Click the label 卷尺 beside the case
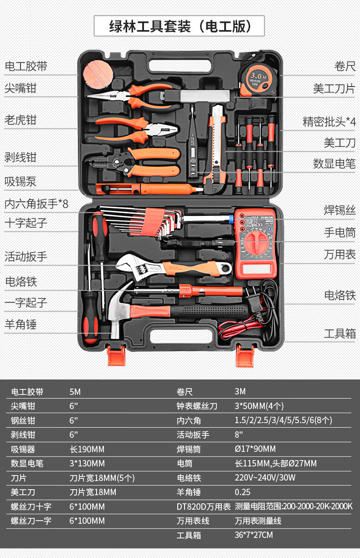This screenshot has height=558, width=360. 345,67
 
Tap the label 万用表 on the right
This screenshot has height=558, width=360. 339,254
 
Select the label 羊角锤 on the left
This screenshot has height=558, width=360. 20,324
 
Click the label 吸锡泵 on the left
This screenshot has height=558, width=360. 20,182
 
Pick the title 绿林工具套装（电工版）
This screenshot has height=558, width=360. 180,26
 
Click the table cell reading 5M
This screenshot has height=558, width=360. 75,392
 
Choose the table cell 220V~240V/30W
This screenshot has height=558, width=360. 265,478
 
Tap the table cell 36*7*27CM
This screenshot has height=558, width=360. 253,535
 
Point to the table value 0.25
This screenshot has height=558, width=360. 242,492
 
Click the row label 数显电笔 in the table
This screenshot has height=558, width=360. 27,464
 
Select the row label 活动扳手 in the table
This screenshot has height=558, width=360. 193,435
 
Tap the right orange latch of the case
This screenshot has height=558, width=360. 245,355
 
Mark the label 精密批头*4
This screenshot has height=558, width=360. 329,122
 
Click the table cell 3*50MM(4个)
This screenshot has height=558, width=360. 259,406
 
